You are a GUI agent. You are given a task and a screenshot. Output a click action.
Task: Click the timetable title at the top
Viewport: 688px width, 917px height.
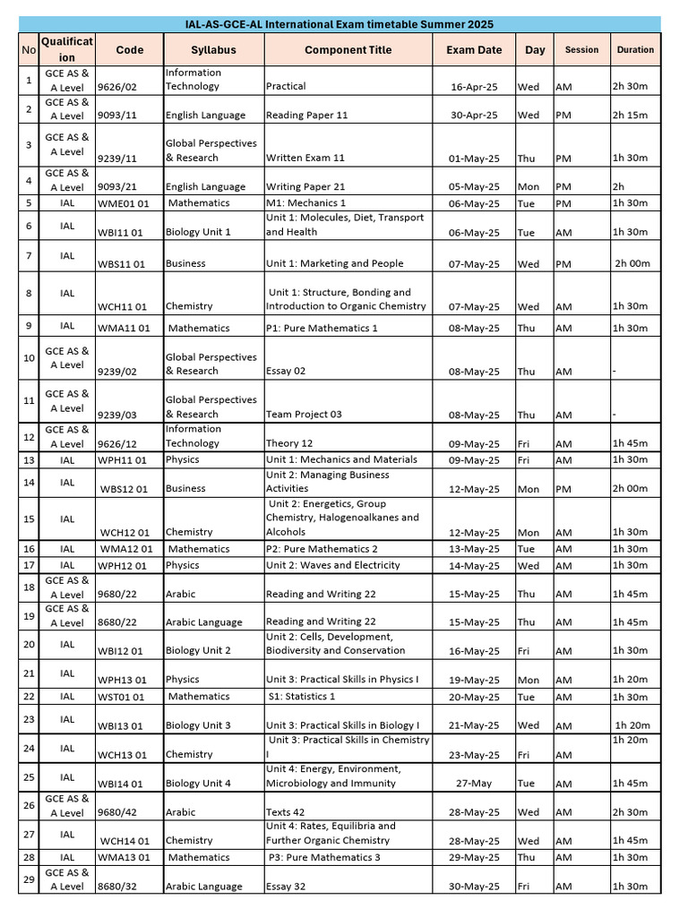click(x=344, y=24)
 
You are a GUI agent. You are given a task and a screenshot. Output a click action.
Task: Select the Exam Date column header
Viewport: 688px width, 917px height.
click(x=474, y=50)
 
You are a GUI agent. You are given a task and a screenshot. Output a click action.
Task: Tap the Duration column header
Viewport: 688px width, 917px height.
click(x=635, y=50)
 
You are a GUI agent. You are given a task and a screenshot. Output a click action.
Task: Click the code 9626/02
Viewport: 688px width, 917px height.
click(x=115, y=87)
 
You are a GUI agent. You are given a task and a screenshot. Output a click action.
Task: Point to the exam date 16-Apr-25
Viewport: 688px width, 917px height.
click(x=474, y=87)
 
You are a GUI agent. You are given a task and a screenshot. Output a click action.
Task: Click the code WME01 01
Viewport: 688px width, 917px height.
click(x=124, y=203)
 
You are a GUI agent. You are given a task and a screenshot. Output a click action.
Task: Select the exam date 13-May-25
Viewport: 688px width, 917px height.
click(x=474, y=549)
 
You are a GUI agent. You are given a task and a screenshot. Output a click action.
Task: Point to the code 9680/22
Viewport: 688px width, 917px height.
click(x=115, y=594)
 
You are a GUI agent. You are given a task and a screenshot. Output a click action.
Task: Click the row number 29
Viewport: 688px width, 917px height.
click(x=29, y=879)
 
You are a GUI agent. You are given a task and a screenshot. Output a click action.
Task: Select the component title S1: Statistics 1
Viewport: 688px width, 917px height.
click(x=302, y=697)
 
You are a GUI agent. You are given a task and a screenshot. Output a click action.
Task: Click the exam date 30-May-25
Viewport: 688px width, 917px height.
click(x=474, y=887)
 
